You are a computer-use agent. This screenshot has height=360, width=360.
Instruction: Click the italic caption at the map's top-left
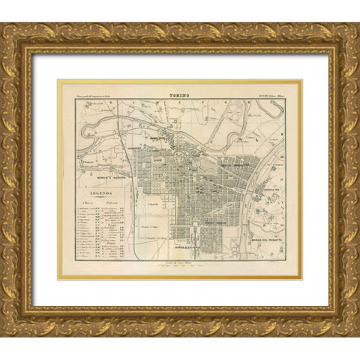[x=98, y=97]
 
